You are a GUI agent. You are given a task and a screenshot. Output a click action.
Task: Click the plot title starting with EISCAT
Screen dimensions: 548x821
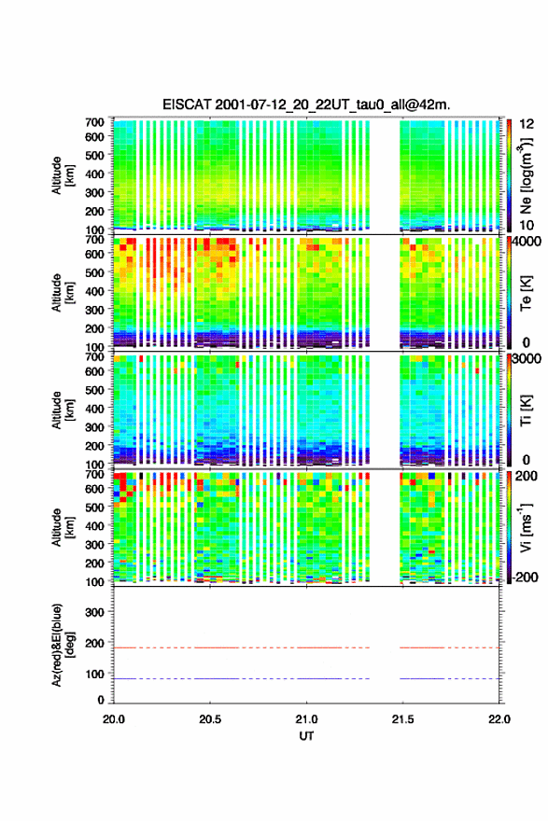tap(306, 104)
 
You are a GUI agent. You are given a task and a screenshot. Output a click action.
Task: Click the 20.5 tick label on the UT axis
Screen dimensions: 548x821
tap(210, 719)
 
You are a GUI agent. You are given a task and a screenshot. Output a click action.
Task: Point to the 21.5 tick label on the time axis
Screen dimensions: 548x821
tap(402, 719)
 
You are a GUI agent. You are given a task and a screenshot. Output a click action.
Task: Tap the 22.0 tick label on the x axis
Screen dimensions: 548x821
tap(499, 719)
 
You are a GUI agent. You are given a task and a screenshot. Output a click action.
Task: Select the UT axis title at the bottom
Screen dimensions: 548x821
tap(306, 736)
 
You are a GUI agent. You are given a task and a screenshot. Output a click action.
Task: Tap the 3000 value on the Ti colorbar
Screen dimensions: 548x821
tap(527, 358)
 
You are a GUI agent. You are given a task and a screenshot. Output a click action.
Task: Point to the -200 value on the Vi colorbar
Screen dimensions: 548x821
tap(523, 577)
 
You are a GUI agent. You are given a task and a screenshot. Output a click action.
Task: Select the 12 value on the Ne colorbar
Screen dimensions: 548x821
tap(527, 124)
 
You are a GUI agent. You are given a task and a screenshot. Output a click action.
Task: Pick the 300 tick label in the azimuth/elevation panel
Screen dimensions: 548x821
tap(94, 612)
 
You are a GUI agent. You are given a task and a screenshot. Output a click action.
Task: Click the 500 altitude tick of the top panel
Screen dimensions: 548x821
tap(94, 155)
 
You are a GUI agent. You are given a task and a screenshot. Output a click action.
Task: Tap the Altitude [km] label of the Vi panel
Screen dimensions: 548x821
tap(63, 527)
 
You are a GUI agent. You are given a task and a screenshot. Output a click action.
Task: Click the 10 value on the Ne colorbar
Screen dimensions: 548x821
tap(527, 225)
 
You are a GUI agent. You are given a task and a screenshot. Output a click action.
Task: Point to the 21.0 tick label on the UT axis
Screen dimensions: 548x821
tap(306, 719)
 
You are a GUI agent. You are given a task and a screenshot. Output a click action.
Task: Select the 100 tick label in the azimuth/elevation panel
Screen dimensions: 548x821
tap(94, 674)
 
